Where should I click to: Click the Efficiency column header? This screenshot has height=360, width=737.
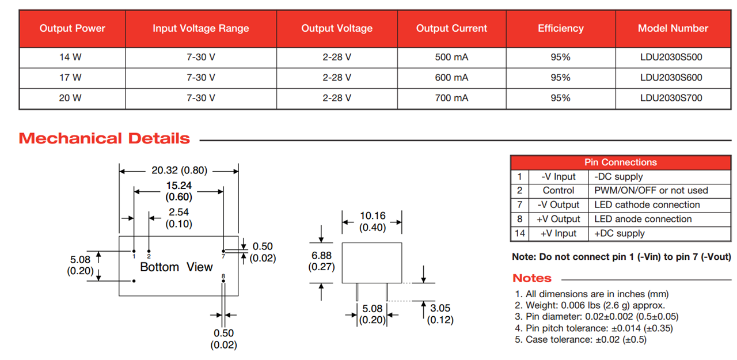pos(560,28)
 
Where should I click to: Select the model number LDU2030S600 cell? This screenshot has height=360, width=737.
pos(671,77)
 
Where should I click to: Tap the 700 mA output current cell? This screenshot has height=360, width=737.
pos(451,98)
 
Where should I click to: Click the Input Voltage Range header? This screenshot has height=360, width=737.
pos(200,28)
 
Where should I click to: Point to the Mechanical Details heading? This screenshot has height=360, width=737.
pos(104,138)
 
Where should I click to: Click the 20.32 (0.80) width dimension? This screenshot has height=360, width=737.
pos(179,170)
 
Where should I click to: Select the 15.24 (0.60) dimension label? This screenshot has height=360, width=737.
pos(178,191)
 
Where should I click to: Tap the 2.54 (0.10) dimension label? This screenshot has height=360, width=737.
pos(178,218)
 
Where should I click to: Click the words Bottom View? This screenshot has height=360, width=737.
pos(176,267)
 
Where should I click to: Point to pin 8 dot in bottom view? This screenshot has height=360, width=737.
pos(223,283)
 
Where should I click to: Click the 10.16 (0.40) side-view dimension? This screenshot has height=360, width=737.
pos(373,221)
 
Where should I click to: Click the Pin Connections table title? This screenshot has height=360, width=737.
pos(620,162)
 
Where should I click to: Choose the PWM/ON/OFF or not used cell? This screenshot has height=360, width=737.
pos(651,191)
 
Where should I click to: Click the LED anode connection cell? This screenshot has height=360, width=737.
pos(643,219)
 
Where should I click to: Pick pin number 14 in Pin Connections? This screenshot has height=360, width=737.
pos(519,233)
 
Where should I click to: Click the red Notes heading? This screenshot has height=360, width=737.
pos(531,278)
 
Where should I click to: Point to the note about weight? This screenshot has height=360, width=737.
pos(590,305)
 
